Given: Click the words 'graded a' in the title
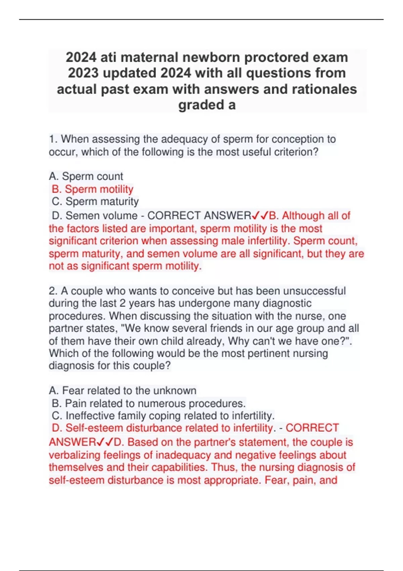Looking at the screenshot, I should tap(207, 105).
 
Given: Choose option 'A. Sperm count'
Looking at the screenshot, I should tap(86, 176).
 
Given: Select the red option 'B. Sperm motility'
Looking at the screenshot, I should tap(92, 189).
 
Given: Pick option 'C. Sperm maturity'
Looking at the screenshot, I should tap(95, 202).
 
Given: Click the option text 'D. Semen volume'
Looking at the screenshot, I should tap(95, 216).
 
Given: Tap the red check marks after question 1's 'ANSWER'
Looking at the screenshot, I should tap(260, 216).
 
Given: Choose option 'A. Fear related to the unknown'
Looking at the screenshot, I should tap(123, 391).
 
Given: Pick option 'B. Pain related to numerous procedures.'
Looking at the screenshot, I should tap(149, 403).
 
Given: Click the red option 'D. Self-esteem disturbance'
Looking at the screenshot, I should tap(117, 428).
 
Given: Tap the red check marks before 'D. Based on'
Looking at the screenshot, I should tap(105, 442).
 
